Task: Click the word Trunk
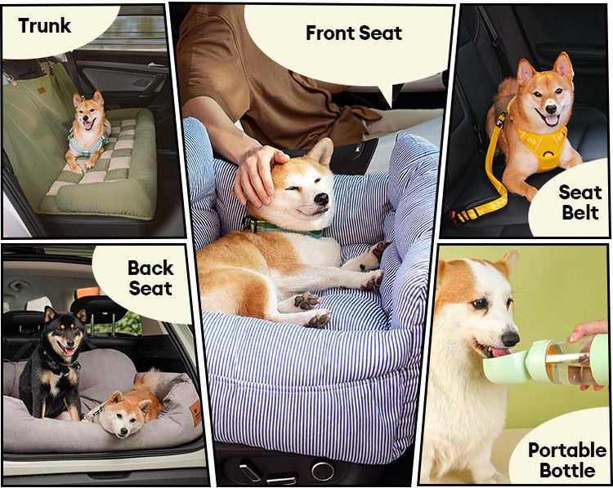coord(45,26)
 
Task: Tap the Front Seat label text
coord(354,33)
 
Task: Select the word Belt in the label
coord(580,213)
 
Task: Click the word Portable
coord(567,450)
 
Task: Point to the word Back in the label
coord(150,268)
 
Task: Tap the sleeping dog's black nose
coord(321,199)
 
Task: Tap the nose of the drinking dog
coord(510,338)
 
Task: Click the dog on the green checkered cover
coord(88,131)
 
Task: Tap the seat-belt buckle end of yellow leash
coord(458,217)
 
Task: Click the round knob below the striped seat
coord(323,470)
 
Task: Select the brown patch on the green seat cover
coord(42,91)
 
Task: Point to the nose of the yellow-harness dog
coord(550,109)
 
